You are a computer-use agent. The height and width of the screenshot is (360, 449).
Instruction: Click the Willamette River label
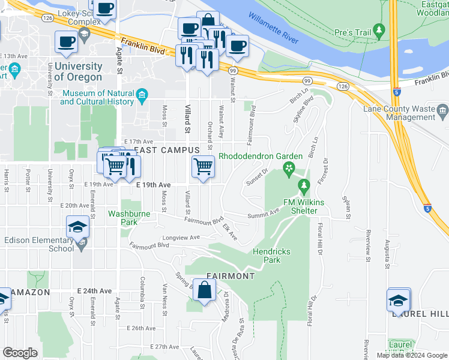pyautogui.click(x=273, y=28)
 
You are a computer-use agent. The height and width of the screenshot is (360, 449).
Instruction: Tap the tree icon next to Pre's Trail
pyautogui.click(x=378, y=29)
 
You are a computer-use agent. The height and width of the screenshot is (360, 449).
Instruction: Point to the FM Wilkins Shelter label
pyautogui.click(x=304, y=206)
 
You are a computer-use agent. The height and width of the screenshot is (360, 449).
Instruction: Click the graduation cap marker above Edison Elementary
pyautogui.click(x=78, y=228)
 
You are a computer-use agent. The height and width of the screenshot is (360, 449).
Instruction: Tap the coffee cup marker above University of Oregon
pyautogui.click(x=66, y=43)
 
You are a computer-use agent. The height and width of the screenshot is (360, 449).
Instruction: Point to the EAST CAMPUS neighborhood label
pyautogui.click(x=166, y=149)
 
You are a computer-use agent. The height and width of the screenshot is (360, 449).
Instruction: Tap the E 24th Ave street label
pyautogui.click(x=94, y=290)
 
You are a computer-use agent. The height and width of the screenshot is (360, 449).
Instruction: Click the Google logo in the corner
pyautogui.click(x=20, y=353)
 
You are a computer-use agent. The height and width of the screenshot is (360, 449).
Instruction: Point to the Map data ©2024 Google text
pyautogui.click(x=411, y=355)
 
